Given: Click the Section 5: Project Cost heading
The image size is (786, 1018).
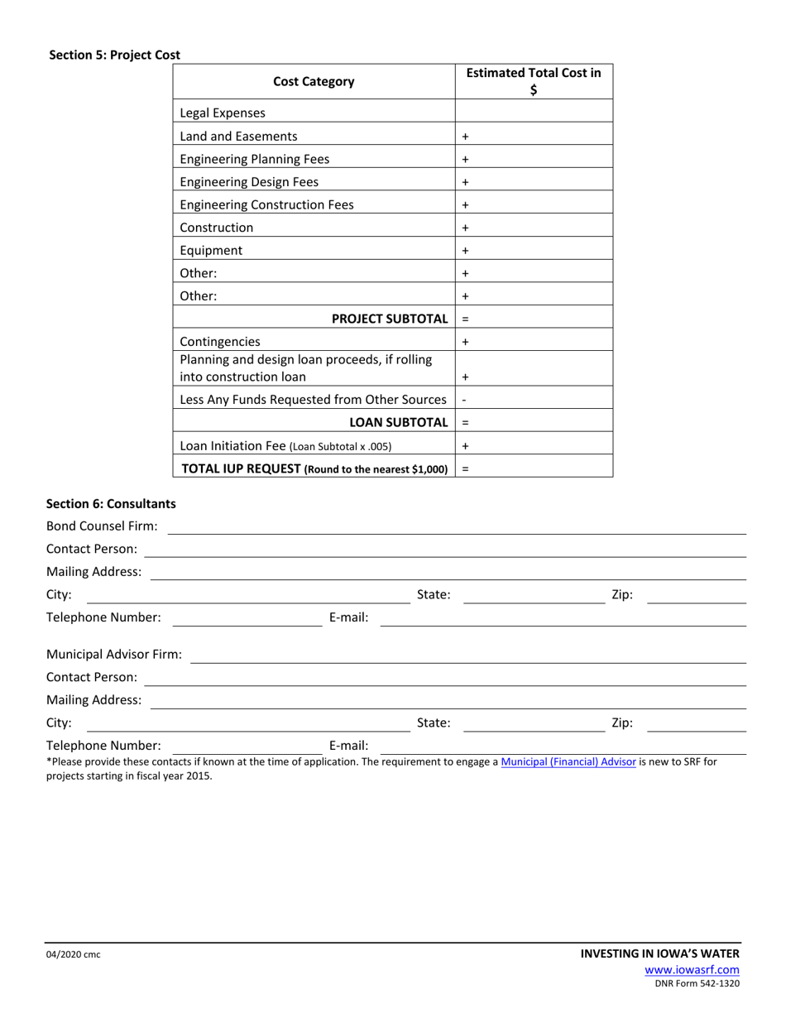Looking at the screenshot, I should click(x=114, y=55).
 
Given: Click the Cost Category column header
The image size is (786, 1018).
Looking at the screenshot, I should click(x=314, y=81).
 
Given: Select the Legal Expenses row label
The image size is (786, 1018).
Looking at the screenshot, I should click(x=223, y=113).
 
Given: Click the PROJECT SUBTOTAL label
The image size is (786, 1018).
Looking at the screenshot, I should click(x=390, y=319).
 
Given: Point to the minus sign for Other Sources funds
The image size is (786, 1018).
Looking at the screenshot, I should click(x=464, y=400).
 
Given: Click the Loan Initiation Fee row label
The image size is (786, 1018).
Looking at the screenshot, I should click(x=285, y=446).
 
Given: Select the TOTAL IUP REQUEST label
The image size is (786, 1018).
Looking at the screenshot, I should click(x=314, y=469).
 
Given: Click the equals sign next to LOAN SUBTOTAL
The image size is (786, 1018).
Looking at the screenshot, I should click(x=465, y=423).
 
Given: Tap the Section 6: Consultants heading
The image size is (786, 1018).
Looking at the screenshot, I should click(x=111, y=503).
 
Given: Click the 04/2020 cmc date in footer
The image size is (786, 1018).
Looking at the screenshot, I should click(x=74, y=955).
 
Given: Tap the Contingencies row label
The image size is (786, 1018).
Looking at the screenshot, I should click(x=220, y=342).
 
